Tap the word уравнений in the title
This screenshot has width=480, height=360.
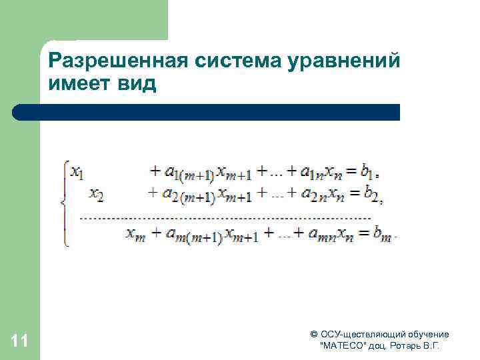[x=343, y=62]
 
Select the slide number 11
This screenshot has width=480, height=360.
[x=20, y=342]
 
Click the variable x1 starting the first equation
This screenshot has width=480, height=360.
[x=77, y=173]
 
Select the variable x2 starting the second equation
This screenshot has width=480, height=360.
[x=97, y=195]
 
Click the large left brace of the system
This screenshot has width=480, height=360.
[x=64, y=203]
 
